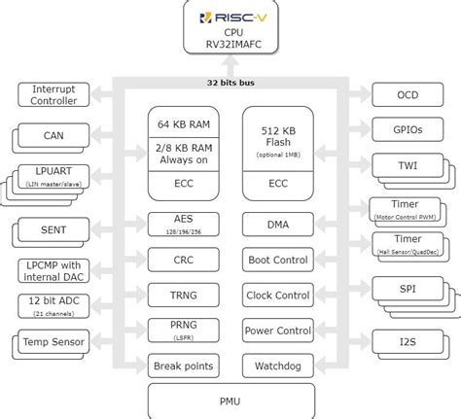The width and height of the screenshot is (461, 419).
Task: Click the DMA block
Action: [277, 225]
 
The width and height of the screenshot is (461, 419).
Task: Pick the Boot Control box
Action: [277, 260]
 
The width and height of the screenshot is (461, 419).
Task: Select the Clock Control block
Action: [277, 296]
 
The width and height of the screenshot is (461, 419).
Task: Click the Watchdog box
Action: [277, 366]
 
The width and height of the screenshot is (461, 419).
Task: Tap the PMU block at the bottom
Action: [230, 399]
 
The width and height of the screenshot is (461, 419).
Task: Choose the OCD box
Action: [408, 94]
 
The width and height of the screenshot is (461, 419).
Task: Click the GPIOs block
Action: [408, 130]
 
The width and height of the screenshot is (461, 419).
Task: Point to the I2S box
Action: [408, 341]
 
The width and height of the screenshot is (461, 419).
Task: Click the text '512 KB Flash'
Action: [277, 134]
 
